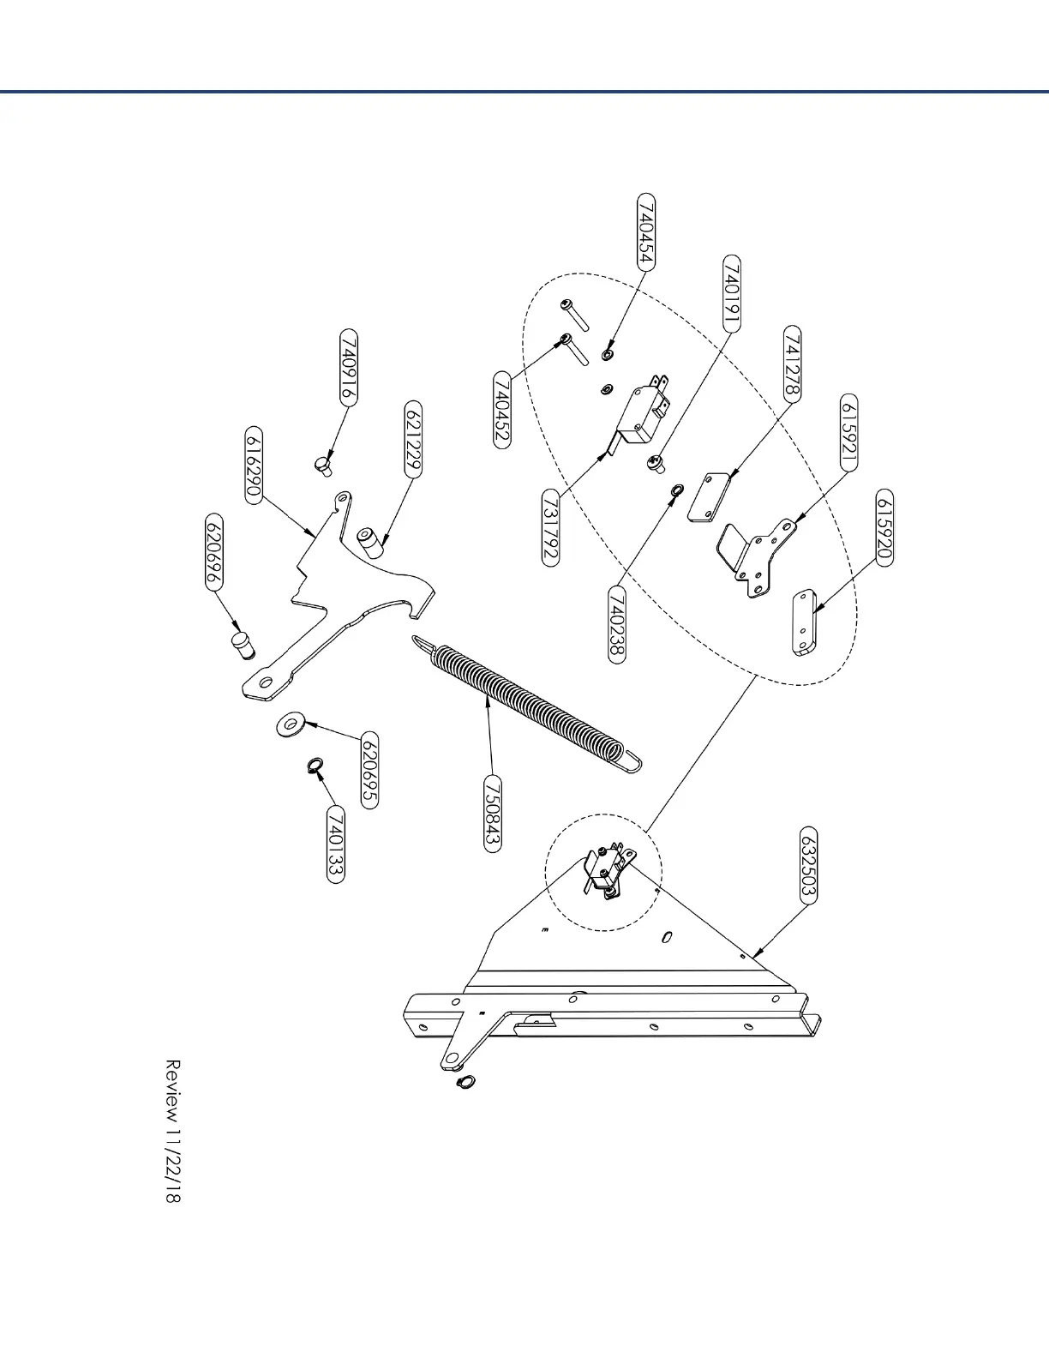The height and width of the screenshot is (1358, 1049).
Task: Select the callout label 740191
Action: coord(733,292)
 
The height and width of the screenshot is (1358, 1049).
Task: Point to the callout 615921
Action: coord(848,433)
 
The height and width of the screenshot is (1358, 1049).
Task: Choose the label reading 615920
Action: coord(884,527)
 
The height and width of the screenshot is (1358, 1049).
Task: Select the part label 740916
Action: coord(349,366)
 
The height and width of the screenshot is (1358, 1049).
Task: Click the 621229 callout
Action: coord(413,437)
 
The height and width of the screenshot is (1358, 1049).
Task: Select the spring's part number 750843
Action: coord(492,812)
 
